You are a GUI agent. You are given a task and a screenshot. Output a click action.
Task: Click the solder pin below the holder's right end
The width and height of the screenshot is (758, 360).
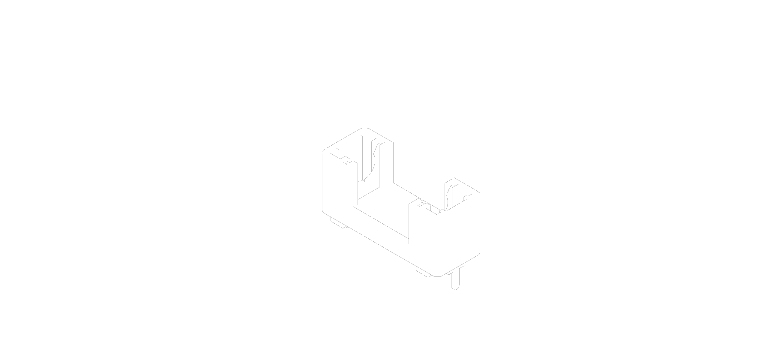point(454,280)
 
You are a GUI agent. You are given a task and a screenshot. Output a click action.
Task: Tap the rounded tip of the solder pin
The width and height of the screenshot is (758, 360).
point(455,288)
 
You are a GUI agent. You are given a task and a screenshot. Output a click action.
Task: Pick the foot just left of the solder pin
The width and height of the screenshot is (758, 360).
point(424,272)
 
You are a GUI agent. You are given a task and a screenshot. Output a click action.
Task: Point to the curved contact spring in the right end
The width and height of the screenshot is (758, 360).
point(449,195)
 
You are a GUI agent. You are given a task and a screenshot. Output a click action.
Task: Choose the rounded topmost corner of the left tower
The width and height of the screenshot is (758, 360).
point(365,128)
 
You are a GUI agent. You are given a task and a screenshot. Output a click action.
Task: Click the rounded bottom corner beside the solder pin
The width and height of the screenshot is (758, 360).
point(437,276)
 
